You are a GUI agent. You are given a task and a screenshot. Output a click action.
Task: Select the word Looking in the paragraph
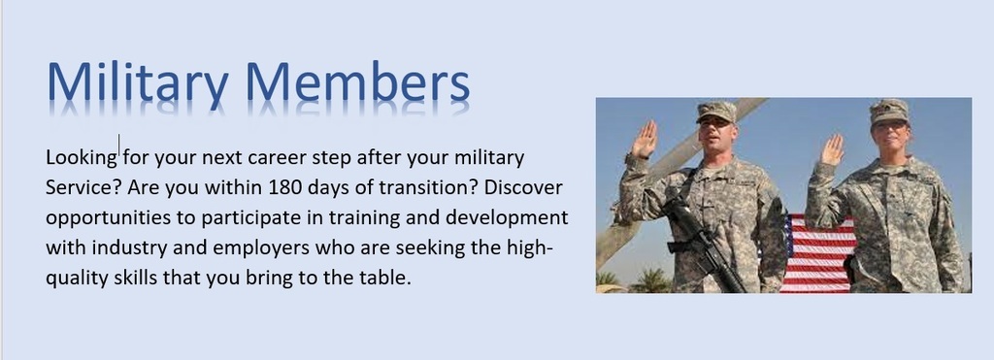81,157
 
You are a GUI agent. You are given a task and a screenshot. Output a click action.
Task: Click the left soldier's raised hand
644,139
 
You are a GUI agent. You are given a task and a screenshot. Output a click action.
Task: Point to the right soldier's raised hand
832,149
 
